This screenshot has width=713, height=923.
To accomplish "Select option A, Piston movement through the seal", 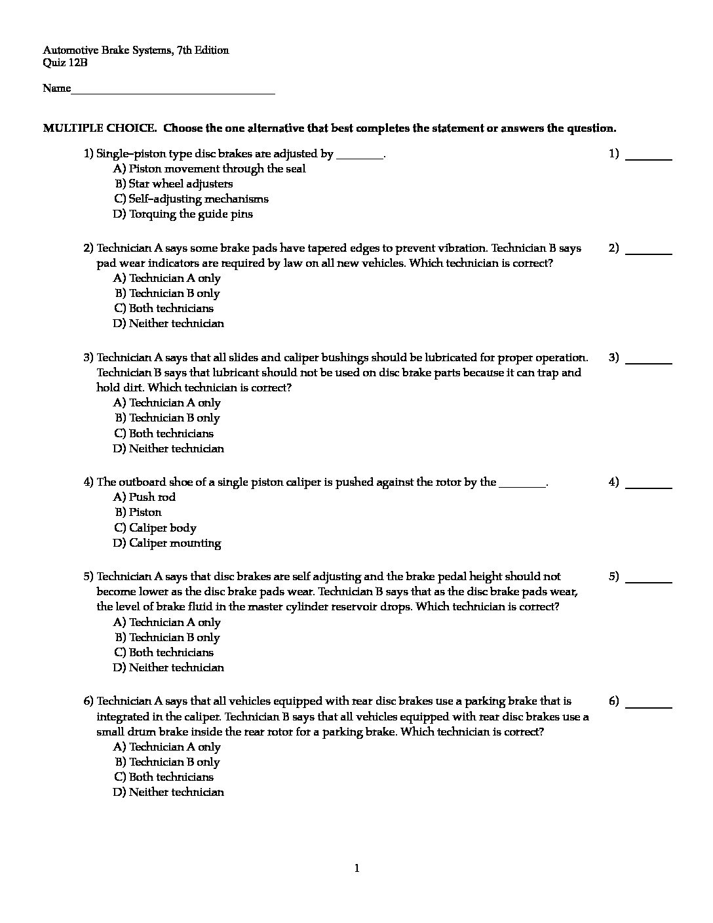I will [209, 169].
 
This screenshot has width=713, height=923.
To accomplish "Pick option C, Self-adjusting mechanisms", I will [191, 199].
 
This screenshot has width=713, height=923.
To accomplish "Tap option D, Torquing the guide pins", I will [183, 214].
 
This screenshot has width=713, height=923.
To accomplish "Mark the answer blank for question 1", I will [649, 157].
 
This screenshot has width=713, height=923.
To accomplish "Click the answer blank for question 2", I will [649, 251].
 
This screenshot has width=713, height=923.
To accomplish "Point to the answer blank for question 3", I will [649, 361].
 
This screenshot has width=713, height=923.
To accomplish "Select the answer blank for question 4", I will [649, 486].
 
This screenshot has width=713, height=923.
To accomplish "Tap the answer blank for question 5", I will [649, 579].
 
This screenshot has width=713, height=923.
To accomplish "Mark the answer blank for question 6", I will [649, 705].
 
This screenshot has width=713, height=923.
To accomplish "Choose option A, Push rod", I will [144, 498].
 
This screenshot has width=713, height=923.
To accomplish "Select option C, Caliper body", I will [155, 528].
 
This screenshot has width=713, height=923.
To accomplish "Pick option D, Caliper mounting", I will [167, 543].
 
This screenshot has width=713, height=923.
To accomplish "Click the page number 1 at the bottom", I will [356, 869].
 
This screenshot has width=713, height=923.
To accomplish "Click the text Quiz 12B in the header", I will [65, 63].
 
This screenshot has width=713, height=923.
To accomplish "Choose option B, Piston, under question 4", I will [138, 513].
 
